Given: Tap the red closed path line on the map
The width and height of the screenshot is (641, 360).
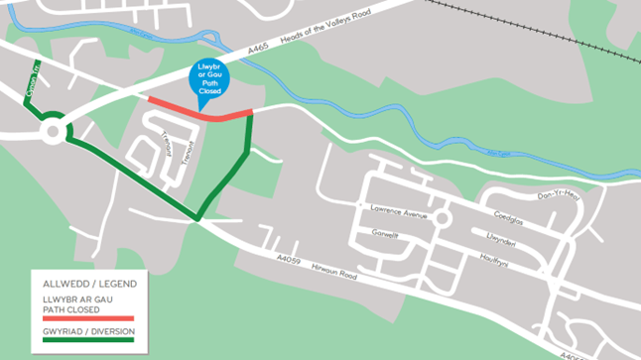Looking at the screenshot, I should click(198, 111).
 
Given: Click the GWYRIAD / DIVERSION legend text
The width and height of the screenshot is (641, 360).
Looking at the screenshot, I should click(87, 331).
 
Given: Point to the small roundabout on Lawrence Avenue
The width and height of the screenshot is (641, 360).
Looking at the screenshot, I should click(443, 216).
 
